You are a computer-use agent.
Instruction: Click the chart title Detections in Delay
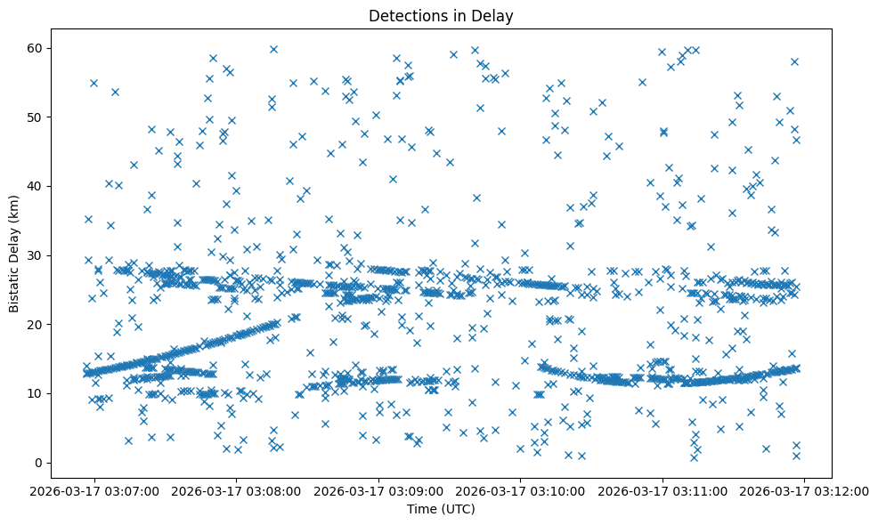click(441, 15)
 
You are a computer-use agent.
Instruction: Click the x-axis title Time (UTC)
click(441, 509)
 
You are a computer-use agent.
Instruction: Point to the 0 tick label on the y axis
click(39, 463)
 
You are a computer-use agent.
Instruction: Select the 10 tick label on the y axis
click(36, 393)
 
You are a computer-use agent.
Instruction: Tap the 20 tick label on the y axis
click(36, 325)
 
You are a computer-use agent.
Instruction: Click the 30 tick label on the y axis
click(36, 255)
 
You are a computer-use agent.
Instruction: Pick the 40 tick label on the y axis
click(36, 186)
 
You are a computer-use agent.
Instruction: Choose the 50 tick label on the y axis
click(36, 117)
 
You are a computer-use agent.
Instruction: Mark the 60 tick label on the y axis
click(36, 48)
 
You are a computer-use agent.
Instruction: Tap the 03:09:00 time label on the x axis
click(379, 489)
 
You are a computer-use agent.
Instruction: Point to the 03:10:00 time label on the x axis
click(521, 489)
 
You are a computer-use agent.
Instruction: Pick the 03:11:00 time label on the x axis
click(663, 489)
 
